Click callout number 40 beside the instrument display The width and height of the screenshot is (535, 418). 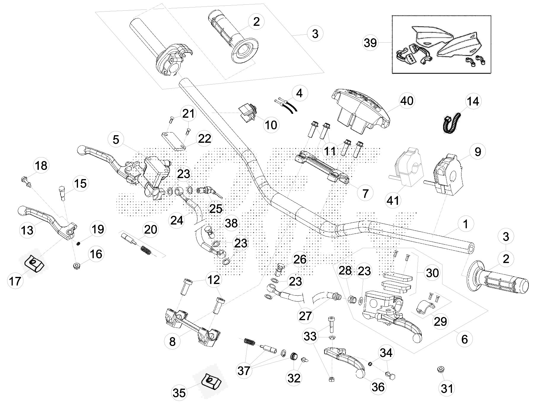(407, 101)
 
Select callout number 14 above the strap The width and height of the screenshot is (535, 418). (473, 101)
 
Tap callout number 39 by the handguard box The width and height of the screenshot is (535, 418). (370, 43)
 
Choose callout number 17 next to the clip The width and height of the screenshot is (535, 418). (15, 281)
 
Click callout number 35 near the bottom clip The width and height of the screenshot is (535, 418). (179, 393)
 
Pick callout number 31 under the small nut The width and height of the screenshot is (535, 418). (447, 388)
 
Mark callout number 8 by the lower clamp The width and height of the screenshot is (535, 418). (172, 342)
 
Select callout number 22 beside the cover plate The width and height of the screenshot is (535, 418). (205, 138)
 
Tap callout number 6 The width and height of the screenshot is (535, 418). (464, 339)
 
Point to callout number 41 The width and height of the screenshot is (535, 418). (393, 200)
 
